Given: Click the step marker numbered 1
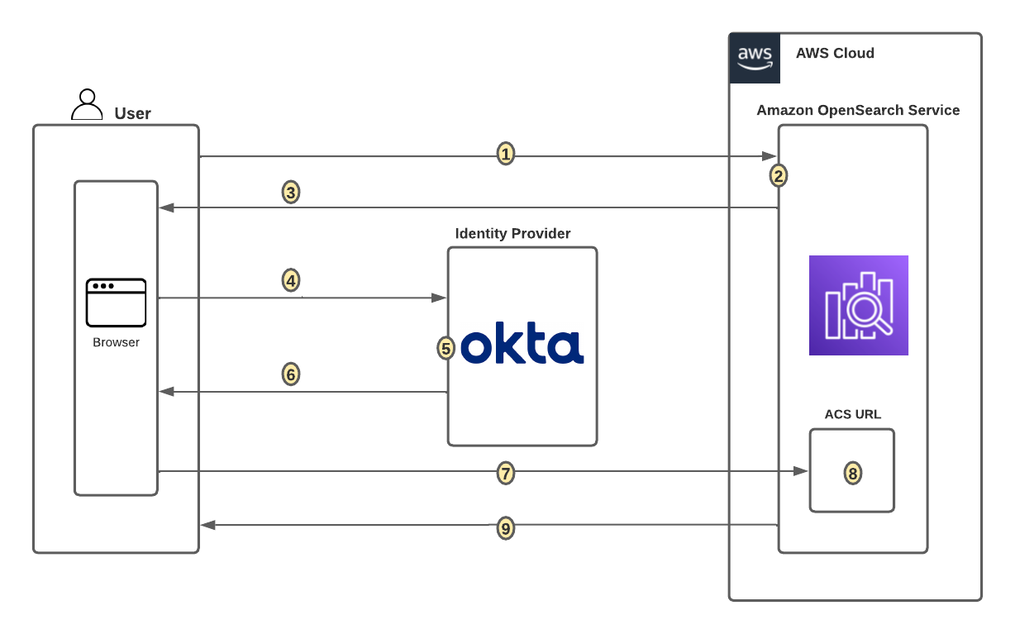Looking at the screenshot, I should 506,154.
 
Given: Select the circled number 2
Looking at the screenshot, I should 778,175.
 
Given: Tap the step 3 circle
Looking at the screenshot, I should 290,193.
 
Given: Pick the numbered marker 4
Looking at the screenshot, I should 290,281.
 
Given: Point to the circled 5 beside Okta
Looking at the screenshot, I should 446,349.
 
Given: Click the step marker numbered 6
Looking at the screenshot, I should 290,374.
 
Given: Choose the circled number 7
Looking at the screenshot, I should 506,473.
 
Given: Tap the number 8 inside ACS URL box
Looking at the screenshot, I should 852,473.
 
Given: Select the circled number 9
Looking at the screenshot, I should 506,528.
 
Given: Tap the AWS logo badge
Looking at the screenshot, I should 755,58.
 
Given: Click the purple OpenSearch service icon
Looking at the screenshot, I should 858,305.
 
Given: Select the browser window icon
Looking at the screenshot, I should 116,303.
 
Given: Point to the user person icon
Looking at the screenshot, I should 87,105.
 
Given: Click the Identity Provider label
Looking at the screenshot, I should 512,234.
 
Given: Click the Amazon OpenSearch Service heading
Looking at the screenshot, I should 858,110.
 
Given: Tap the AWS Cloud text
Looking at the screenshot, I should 835,54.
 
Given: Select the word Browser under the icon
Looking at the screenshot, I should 116,342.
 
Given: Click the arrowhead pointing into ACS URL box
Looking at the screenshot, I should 800,471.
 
